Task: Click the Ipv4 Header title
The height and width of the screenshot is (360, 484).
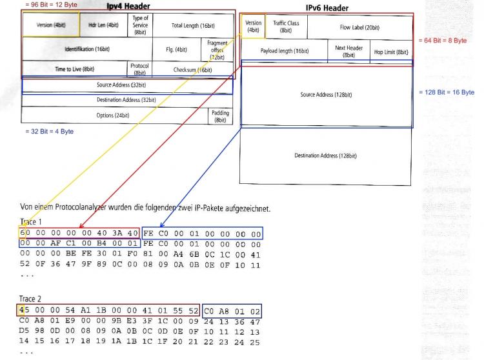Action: (128, 6)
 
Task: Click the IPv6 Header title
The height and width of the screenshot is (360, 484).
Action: (327, 8)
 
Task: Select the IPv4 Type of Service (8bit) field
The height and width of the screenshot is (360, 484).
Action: (140, 25)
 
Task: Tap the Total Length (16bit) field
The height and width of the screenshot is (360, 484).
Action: (193, 26)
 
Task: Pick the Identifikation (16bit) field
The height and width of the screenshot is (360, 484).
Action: (87, 49)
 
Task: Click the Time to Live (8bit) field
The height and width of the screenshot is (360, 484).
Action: (75, 69)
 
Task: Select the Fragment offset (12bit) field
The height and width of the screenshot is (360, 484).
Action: (217, 50)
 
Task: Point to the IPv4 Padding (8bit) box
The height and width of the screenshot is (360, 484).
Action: (221, 116)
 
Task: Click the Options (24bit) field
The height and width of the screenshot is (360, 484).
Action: (113, 115)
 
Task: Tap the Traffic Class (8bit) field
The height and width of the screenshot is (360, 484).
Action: (286, 26)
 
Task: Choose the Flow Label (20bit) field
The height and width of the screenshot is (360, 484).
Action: (360, 28)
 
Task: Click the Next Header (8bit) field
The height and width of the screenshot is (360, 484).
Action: (348, 51)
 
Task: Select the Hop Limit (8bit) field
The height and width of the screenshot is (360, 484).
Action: (391, 52)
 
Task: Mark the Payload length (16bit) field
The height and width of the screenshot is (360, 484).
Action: (285, 51)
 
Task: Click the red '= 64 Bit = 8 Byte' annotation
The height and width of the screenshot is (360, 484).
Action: (443, 41)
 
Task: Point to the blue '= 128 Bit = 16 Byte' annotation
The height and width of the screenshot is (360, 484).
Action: (447, 92)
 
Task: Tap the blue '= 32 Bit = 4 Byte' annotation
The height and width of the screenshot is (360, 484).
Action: (50, 132)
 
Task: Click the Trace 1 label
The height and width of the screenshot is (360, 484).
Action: (30, 221)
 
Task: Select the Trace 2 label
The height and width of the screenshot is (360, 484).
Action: (30, 299)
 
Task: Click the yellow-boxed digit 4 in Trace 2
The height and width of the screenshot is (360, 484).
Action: (21, 310)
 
